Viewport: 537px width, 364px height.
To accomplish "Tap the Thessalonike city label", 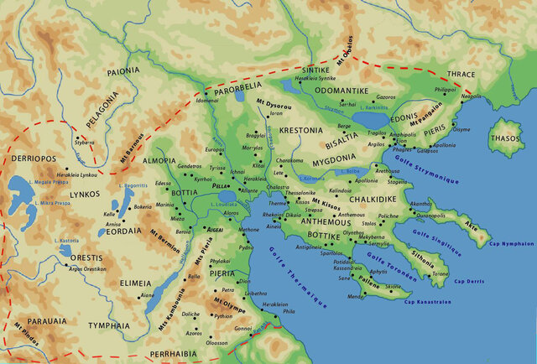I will [x=288, y=193].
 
